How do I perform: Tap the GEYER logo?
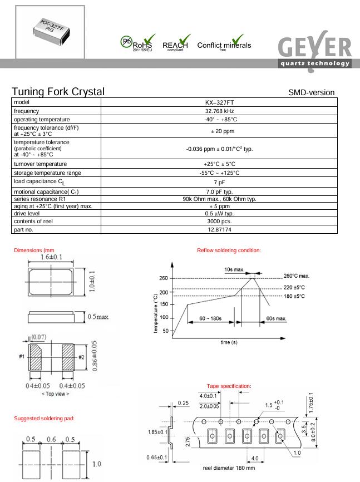point(315,51)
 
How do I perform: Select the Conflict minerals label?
point(224,46)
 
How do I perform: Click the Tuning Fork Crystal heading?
point(58,92)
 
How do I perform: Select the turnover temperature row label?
point(41,164)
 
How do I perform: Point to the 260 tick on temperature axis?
point(163,278)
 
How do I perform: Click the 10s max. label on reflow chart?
point(235,269)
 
